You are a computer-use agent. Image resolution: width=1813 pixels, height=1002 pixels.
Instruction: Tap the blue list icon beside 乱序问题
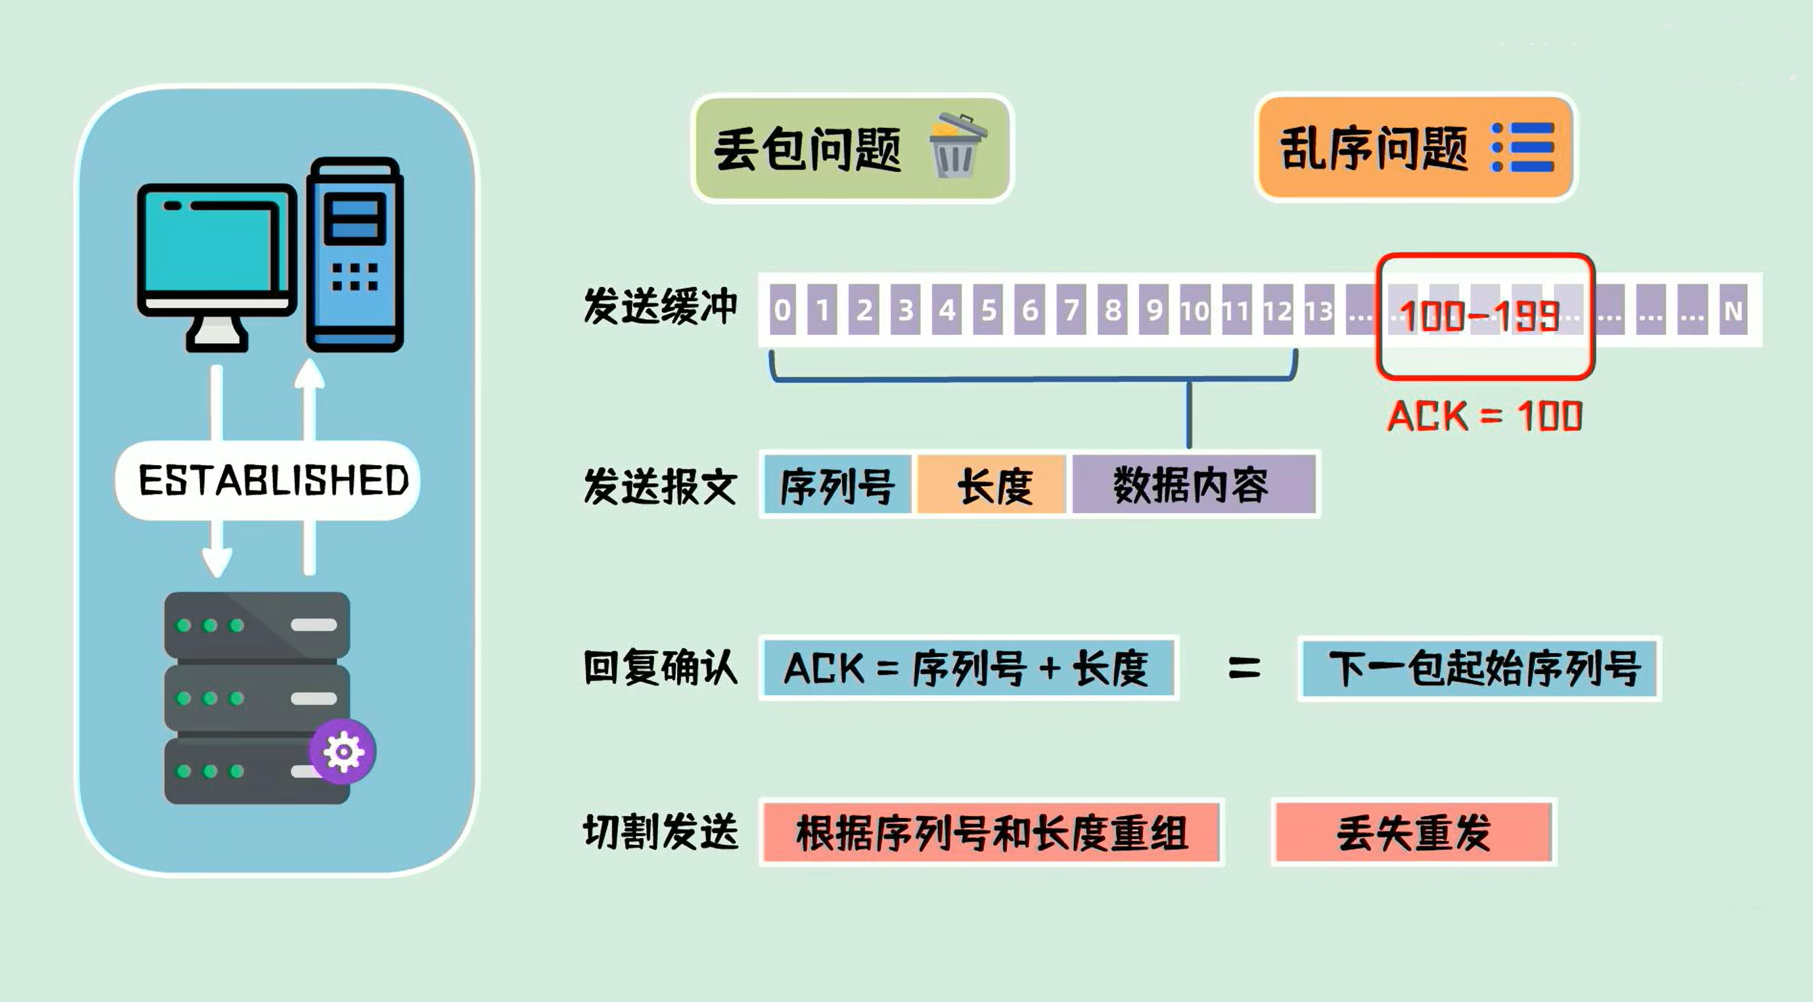1523,147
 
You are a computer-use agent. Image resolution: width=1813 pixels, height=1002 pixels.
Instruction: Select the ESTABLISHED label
273,480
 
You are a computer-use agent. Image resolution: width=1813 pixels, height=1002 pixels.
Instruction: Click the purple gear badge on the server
343,751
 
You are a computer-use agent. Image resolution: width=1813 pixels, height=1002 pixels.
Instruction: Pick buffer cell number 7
1071,310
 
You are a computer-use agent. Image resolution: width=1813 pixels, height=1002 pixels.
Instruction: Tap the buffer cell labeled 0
782,310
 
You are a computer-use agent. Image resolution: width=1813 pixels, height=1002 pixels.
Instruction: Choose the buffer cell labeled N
1733,310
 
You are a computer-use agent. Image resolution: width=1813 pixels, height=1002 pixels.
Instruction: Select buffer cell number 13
1319,310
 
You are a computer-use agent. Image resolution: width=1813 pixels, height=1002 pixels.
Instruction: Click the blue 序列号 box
837,485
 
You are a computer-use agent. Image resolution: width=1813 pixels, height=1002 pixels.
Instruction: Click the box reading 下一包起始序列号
1480,668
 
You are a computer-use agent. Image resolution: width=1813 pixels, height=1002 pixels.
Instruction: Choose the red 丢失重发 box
1413,832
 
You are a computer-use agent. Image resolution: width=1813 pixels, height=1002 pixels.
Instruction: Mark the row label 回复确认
659,668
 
